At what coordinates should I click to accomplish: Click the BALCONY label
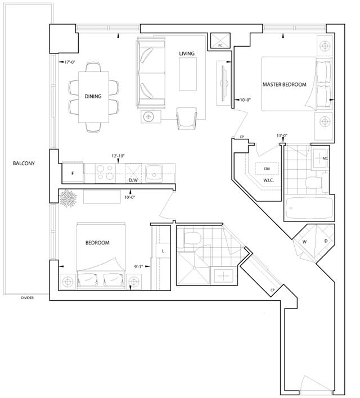click(24, 163)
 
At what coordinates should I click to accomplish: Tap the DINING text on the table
click(93, 96)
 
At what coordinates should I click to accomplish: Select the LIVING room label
click(187, 53)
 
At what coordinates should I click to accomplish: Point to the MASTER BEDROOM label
click(284, 84)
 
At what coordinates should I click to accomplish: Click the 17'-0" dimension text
click(70, 62)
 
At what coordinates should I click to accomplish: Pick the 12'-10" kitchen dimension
click(118, 156)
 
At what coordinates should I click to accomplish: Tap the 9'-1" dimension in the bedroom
click(138, 266)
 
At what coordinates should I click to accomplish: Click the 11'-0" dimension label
click(282, 135)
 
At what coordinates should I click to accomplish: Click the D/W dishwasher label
click(133, 180)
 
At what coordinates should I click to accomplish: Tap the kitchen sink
click(154, 173)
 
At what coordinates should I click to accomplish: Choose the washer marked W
click(304, 242)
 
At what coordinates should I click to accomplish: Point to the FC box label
click(220, 46)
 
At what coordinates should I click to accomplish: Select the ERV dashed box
click(267, 169)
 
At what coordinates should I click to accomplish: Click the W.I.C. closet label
click(268, 180)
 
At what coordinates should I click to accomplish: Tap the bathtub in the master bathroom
click(309, 208)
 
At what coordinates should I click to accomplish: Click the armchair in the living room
click(187, 119)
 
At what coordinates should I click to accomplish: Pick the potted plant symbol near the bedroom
click(68, 198)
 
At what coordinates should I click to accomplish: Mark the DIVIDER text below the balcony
click(27, 298)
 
